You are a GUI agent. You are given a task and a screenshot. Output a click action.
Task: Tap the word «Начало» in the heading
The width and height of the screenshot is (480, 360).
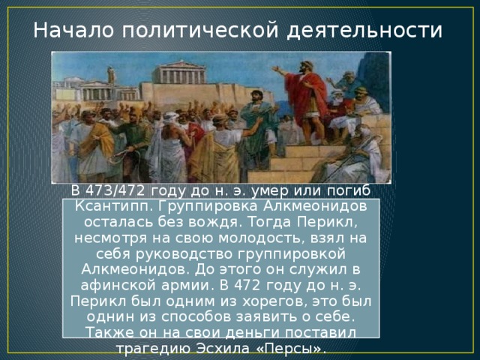(x=70, y=30)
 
